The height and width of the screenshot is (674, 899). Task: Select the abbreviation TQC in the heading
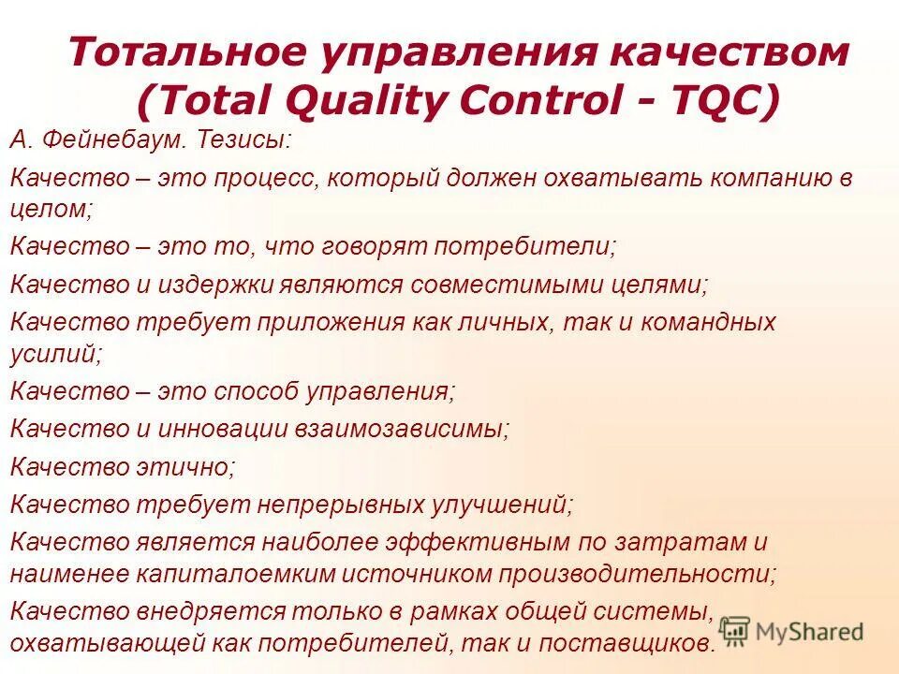[x=721, y=100]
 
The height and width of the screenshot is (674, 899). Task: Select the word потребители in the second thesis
[x=535, y=248]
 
